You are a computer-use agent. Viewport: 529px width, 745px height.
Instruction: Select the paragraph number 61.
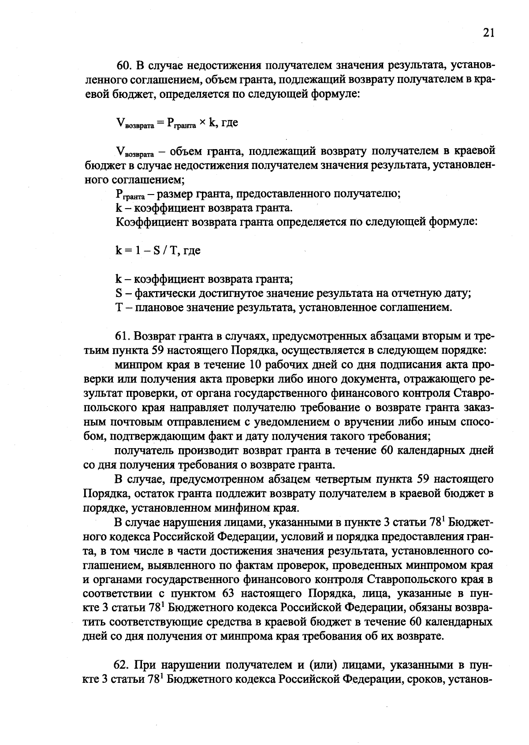123,337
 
